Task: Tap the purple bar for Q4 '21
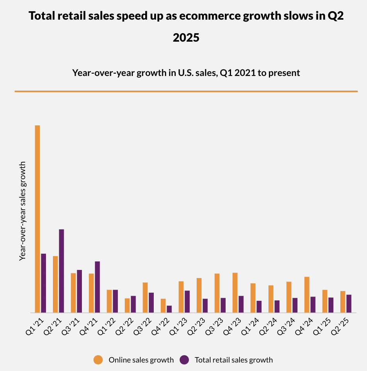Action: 97,287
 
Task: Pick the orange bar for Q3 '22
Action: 145,297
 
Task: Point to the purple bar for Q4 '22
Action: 169,309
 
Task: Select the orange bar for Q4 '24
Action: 307,295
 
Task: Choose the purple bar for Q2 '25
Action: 349,304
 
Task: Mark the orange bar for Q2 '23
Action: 199,295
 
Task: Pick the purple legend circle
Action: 185,360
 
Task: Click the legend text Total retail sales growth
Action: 234,360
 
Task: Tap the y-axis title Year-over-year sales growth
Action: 23,211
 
